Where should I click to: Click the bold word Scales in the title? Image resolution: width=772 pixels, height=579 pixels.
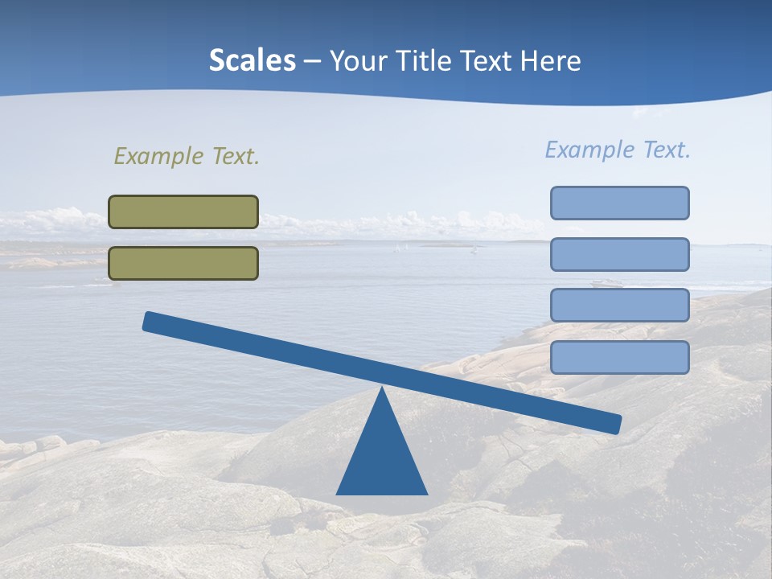[252, 61]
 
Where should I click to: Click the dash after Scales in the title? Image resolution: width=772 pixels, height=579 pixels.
[312, 62]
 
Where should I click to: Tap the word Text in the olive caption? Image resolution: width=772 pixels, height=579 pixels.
[235, 156]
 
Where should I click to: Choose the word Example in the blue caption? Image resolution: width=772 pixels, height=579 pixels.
[589, 150]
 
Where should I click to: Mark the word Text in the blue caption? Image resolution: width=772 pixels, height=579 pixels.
[666, 150]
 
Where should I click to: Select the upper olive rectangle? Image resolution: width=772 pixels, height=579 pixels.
[183, 211]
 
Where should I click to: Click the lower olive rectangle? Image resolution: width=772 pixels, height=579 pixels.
[183, 263]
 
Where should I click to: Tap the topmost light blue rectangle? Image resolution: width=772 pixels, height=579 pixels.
[619, 203]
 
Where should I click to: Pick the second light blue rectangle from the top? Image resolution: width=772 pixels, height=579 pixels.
[619, 254]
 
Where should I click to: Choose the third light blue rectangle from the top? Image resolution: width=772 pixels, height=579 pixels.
[619, 306]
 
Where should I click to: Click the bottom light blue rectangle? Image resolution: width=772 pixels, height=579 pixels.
[619, 357]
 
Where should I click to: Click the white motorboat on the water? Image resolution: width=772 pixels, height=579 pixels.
[606, 282]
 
